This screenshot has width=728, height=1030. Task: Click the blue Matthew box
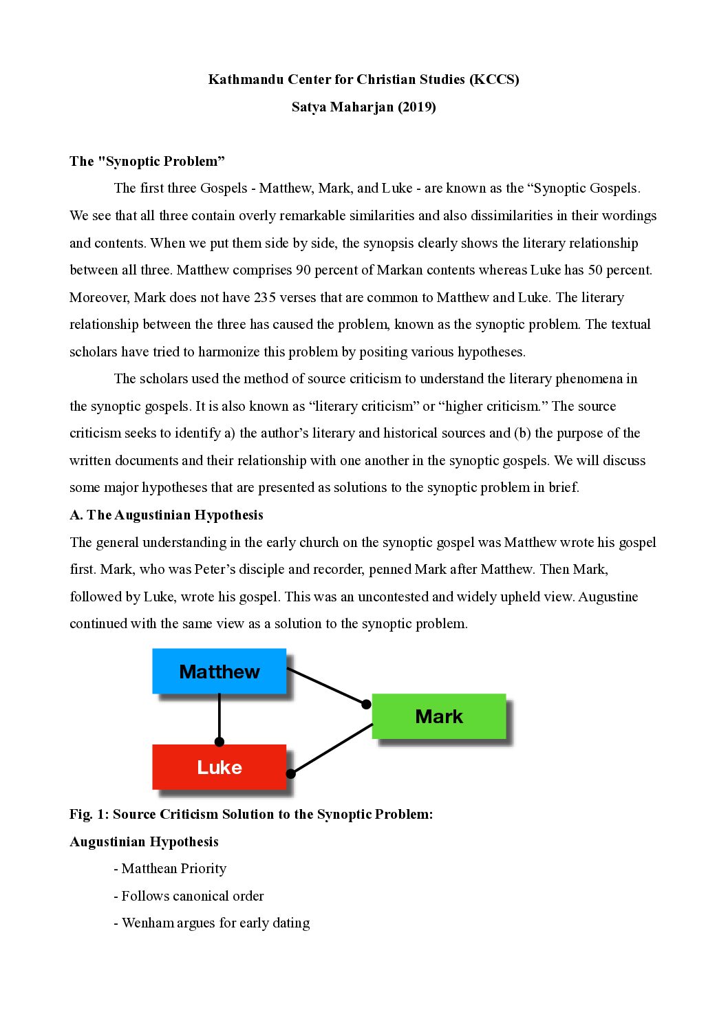point(219,671)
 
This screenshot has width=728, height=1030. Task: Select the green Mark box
point(439,716)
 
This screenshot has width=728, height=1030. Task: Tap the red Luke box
point(219,766)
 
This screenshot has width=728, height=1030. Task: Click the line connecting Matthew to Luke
point(220,716)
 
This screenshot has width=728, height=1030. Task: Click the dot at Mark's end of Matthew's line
point(366,704)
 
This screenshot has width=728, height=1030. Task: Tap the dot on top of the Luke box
point(220,742)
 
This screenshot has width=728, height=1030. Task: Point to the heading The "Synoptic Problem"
point(147,161)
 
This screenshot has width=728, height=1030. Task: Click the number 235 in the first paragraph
point(264,297)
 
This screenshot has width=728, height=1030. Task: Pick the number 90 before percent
point(303,270)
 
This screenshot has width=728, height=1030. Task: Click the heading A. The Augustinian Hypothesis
point(167,515)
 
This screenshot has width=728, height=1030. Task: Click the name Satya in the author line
point(309,107)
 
